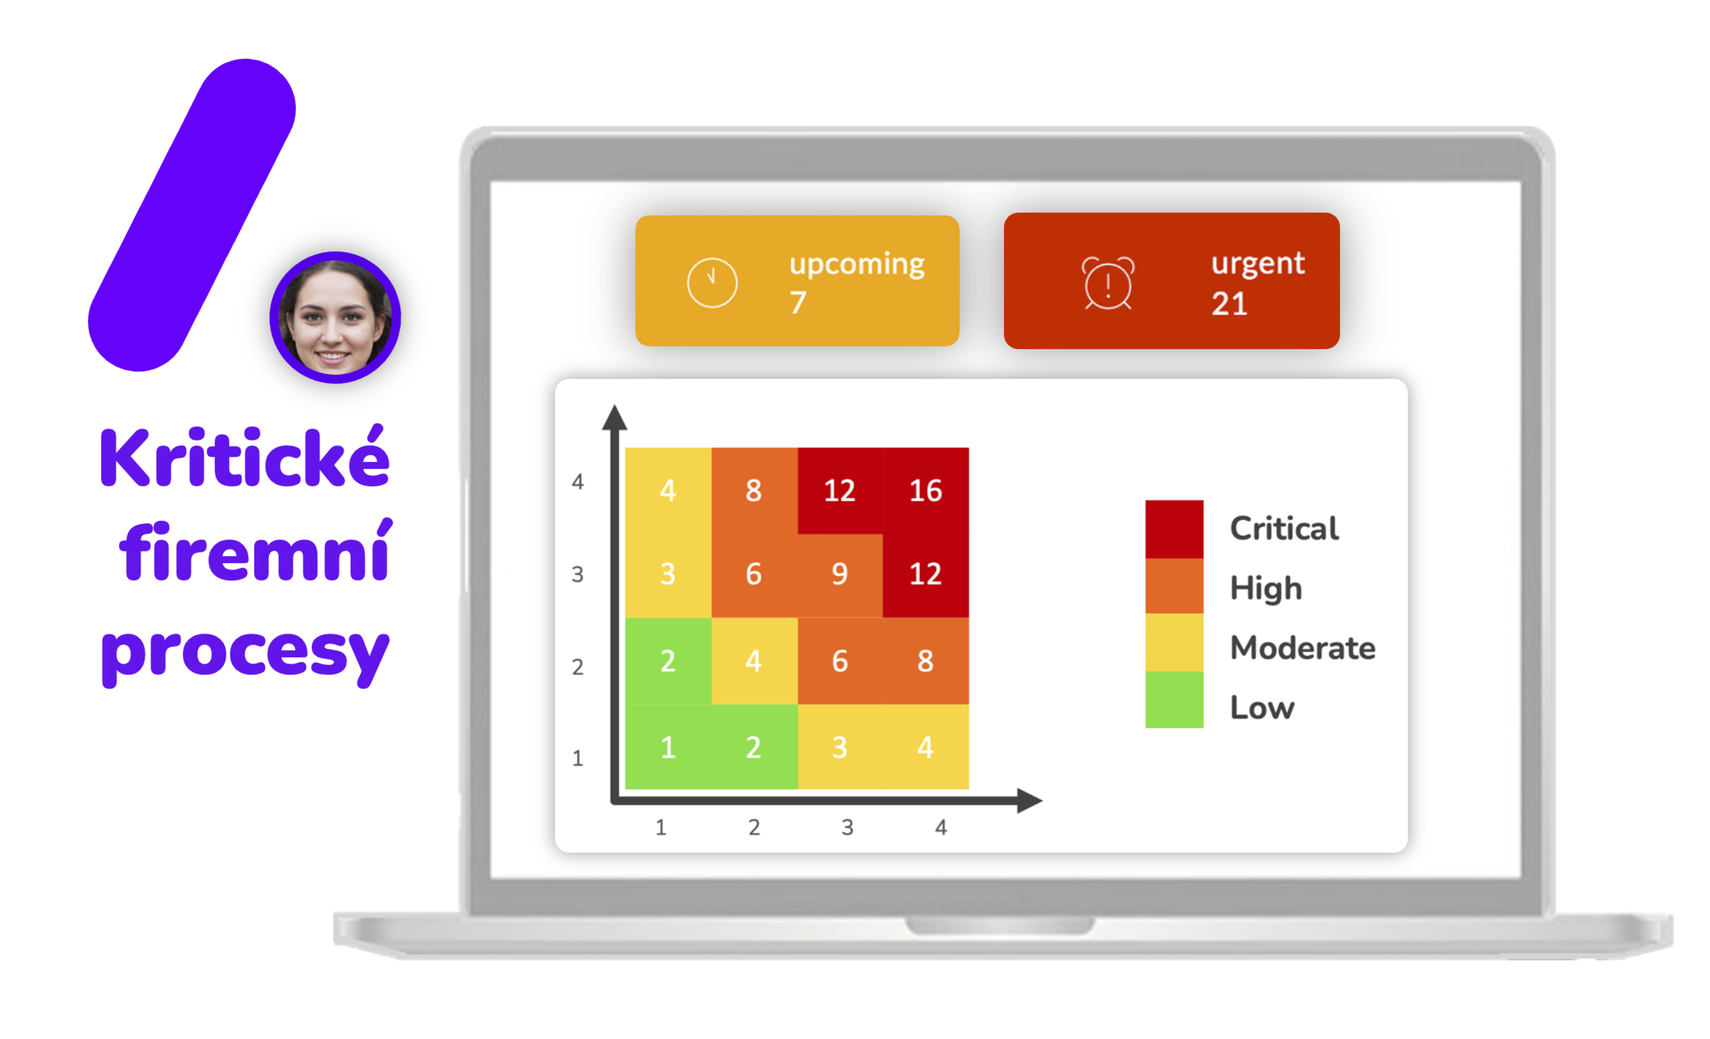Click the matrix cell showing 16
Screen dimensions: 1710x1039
(925, 490)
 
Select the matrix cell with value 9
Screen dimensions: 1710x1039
(840, 575)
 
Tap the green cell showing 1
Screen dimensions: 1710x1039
(669, 747)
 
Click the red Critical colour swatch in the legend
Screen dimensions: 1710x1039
(1174, 529)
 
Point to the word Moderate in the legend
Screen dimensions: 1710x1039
(1303, 648)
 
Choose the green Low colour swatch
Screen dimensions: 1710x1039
(1174, 699)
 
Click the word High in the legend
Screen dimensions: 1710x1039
(1266, 588)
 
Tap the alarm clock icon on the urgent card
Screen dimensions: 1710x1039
(1109, 283)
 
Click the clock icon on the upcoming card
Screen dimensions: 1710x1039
(712, 283)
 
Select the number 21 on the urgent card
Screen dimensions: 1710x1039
(1229, 304)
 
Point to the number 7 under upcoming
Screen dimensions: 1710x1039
(798, 303)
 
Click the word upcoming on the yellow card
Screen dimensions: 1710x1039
(857, 264)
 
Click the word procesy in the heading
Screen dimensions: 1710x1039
(245, 654)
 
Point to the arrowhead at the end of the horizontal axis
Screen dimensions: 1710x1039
(1030, 800)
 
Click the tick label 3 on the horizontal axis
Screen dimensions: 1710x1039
(847, 826)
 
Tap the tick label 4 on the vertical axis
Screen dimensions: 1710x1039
(577, 481)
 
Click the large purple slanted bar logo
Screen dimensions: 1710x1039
(192, 215)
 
